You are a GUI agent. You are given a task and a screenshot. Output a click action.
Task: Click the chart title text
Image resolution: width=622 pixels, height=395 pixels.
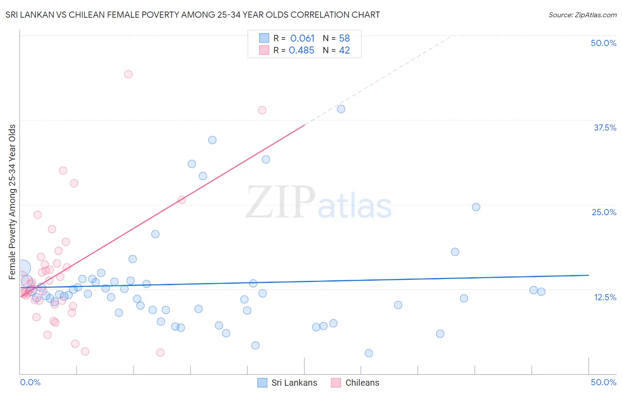point(192,15)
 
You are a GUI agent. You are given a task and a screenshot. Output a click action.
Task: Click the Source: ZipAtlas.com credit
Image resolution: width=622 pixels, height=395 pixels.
point(582,15)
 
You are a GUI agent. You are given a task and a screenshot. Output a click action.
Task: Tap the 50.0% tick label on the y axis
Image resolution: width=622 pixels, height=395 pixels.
point(603,43)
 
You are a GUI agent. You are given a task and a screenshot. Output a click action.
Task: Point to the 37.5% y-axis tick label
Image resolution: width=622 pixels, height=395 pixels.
point(605,128)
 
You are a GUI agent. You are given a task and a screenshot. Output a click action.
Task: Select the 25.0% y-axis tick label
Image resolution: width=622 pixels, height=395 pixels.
point(604,212)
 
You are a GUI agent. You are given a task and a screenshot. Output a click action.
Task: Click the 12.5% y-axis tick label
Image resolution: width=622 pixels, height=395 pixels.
point(605,297)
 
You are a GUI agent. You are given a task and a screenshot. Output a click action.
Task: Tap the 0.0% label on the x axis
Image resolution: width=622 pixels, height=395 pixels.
point(30,382)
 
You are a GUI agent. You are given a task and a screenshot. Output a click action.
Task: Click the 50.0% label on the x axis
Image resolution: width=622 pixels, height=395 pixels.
point(603,382)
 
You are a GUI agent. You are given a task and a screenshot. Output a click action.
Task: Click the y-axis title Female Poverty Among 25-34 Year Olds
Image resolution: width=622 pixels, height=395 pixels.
point(12,202)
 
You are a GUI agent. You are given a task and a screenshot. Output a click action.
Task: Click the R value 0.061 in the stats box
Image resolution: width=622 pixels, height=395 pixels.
point(302,39)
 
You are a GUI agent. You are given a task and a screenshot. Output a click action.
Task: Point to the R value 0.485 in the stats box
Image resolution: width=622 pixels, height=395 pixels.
point(301,50)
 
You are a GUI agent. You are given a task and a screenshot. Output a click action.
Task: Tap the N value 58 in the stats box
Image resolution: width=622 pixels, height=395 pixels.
point(344,39)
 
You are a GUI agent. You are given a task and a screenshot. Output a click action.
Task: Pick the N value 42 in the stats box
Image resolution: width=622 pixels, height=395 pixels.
point(344,50)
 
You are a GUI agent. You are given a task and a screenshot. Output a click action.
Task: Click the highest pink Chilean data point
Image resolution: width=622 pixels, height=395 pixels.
point(128,74)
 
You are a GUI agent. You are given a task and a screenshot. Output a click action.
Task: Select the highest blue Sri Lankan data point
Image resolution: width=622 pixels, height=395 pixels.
point(341,109)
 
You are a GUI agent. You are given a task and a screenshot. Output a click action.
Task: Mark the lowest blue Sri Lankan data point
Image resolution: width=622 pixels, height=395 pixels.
point(369,353)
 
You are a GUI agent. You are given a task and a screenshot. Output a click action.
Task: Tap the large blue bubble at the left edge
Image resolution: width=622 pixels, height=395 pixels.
point(22,268)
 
